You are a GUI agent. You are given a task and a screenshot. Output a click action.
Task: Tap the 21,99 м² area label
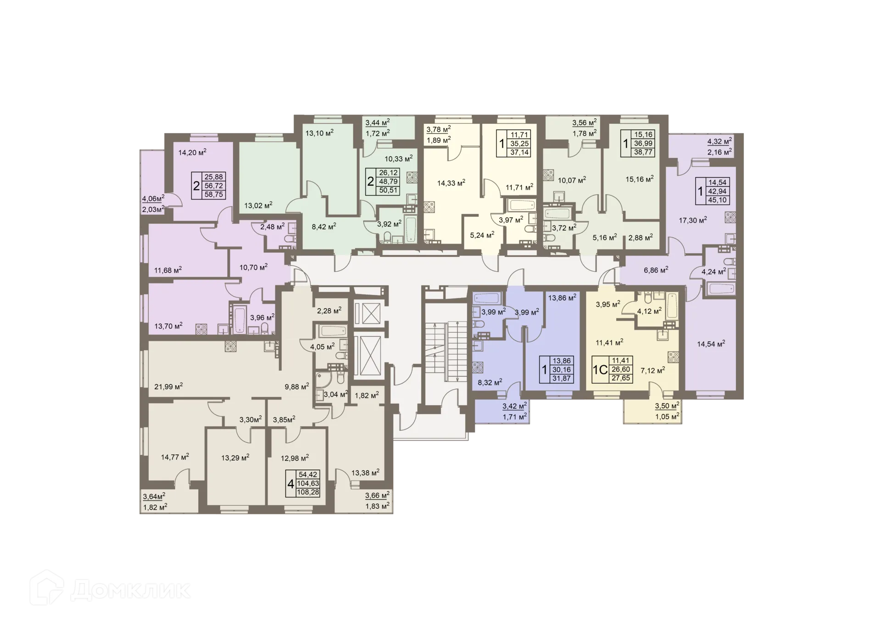point(168,386)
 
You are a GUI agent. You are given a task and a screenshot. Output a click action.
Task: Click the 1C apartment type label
point(600,370)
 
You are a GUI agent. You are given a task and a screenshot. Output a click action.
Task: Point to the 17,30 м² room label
point(692,220)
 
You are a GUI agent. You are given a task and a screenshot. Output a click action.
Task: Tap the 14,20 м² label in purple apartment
point(192,152)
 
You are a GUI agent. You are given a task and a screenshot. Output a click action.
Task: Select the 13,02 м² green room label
point(258,205)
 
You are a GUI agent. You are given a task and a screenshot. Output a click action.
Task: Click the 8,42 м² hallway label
point(324,226)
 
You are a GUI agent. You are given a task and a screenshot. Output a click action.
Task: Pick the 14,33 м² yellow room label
point(451,183)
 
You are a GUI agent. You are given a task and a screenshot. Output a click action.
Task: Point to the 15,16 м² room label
point(639,179)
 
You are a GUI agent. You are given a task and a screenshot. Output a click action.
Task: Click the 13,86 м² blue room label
point(562,298)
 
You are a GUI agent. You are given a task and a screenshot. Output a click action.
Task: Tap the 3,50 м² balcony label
point(667,406)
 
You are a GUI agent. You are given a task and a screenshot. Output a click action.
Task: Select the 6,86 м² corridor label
point(656,270)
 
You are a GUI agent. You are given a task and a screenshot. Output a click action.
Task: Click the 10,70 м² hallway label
point(253,267)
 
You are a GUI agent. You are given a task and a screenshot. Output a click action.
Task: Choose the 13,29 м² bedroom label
point(235,457)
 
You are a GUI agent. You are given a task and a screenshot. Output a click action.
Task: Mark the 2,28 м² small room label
point(329,311)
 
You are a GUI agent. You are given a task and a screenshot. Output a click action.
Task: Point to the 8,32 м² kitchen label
point(490,382)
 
